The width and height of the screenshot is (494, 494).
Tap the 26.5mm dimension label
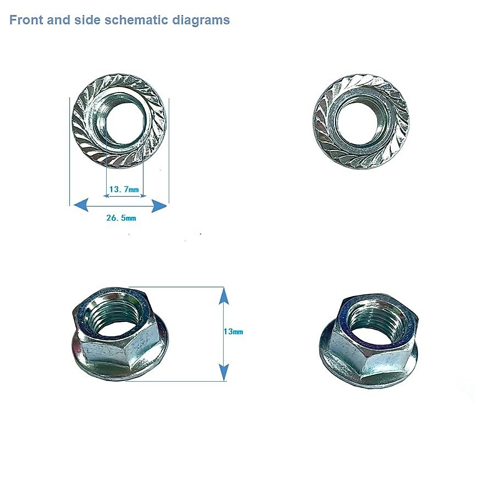click(x=121, y=218)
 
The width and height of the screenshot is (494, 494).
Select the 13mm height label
click(x=233, y=331)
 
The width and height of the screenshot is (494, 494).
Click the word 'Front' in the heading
click(x=26, y=20)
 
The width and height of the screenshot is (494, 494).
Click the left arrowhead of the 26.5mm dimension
click(x=80, y=205)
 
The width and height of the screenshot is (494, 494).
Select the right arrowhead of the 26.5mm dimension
click(x=159, y=205)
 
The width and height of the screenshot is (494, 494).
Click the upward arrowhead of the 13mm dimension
click(x=223, y=296)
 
